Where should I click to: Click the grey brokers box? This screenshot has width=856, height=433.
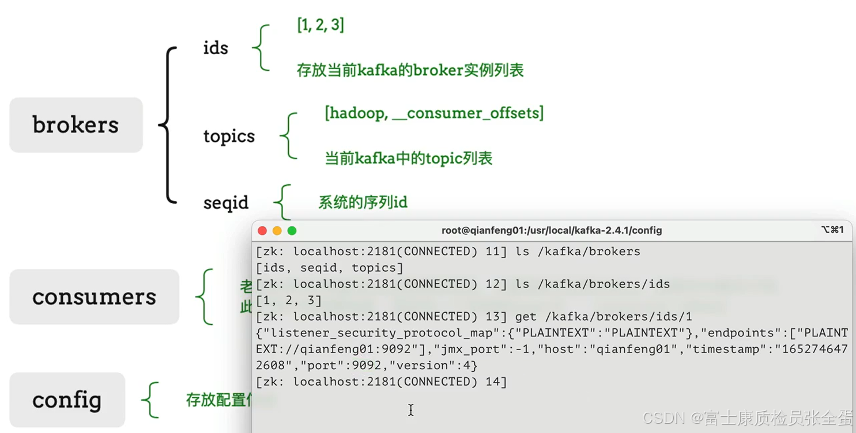[x=76, y=125]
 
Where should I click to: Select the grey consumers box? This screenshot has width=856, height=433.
[x=94, y=297]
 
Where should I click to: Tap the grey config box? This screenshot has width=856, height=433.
[x=67, y=400]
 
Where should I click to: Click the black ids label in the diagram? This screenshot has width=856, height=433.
[x=216, y=48]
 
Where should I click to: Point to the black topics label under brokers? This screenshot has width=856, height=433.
[x=229, y=136]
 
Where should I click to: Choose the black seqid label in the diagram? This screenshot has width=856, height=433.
[x=225, y=203]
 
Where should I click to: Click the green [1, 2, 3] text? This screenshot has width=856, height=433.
[x=320, y=25]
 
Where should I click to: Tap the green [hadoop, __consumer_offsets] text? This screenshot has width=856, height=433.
[x=434, y=113]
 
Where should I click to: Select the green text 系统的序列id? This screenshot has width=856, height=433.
[x=363, y=202]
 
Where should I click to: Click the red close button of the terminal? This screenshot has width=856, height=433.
[x=262, y=231]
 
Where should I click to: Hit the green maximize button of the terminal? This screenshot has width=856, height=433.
[x=292, y=231]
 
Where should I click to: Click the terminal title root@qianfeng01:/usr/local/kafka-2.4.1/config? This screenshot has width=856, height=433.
[x=552, y=230]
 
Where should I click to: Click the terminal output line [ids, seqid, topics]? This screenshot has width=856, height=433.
[x=330, y=268]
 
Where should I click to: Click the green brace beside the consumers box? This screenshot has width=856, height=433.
[x=204, y=297]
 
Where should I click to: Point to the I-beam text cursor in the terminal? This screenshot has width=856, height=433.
[x=411, y=410]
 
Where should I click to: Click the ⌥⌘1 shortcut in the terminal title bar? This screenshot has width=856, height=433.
[x=832, y=230]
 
